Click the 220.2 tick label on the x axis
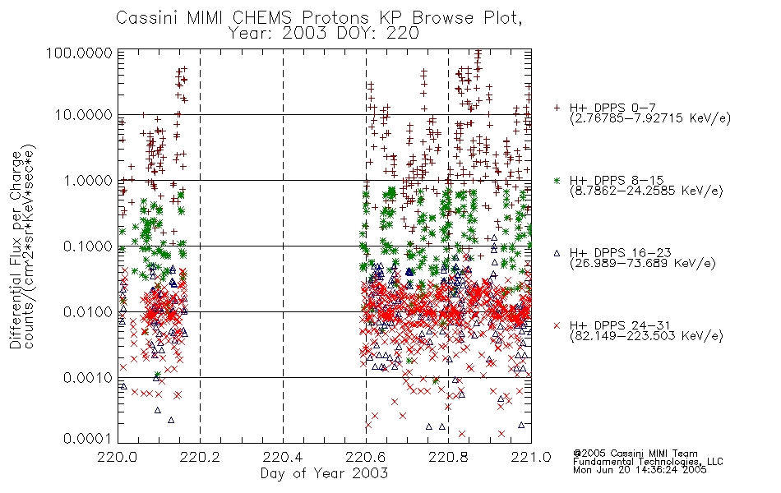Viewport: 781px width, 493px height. [201, 457]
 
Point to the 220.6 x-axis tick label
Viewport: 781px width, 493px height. [366, 457]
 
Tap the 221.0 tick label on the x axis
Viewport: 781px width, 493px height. [531, 457]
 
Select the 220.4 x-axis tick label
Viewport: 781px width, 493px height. [283, 457]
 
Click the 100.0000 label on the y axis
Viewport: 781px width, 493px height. [80, 53]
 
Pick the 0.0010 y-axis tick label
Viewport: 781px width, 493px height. [88, 377]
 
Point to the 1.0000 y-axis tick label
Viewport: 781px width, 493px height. [88, 180]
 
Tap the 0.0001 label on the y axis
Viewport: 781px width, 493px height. [88, 439]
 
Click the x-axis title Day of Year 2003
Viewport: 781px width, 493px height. [324, 473]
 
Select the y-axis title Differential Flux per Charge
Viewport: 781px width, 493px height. [16, 250]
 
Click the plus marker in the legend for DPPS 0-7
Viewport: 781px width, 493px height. [557, 108]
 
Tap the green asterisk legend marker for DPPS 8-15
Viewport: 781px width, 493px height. [557, 180]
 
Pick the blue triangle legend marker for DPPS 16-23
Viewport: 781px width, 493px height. [557, 253]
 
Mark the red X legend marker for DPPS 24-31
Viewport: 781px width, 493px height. [557, 325]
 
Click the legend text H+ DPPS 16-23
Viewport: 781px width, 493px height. [620, 253]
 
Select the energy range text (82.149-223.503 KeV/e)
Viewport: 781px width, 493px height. [646, 336]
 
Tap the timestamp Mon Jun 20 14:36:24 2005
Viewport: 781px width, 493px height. [640, 470]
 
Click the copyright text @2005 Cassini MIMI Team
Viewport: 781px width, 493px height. [635, 454]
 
